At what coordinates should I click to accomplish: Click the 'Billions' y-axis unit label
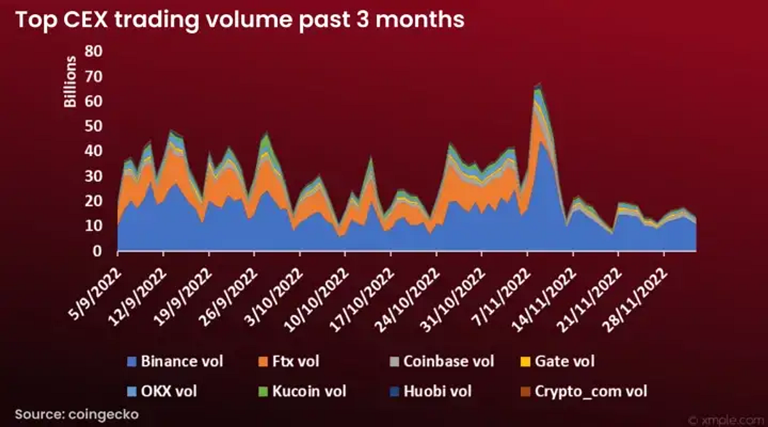point(71,82)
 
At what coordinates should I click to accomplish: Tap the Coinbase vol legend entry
point(441,361)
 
